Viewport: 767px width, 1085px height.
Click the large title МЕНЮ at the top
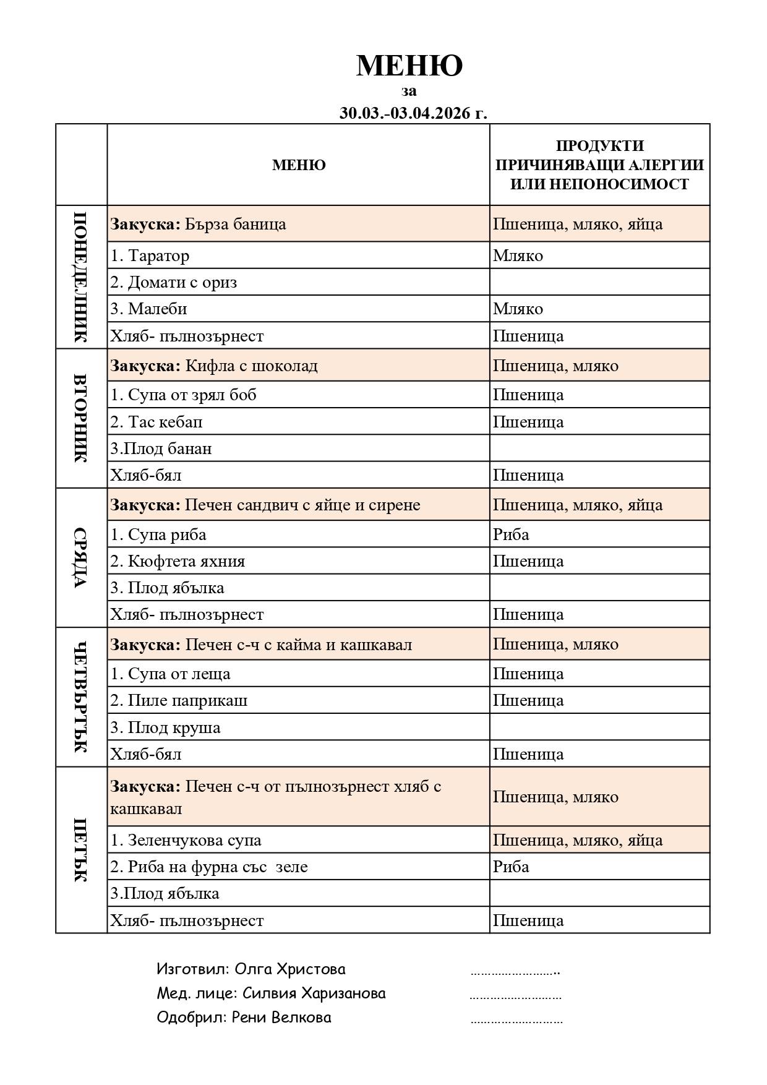tap(409, 66)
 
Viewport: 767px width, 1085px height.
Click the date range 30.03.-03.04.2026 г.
tap(413, 113)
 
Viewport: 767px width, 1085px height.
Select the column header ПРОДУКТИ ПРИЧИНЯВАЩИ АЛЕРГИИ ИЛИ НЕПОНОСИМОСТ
tap(599, 165)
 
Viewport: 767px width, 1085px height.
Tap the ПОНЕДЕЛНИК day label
tap(81, 277)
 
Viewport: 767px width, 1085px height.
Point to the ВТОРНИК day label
tap(81, 418)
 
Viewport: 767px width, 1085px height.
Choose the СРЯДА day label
tap(81, 557)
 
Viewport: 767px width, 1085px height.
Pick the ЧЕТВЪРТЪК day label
tap(81, 697)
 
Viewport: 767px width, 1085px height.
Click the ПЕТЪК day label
tap(81, 849)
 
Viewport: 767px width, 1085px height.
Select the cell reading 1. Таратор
tap(150, 255)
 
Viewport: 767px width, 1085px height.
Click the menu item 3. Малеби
tap(148, 309)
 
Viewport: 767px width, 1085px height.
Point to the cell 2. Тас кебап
tap(156, 422)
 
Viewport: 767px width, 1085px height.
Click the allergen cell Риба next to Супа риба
tap(511, 534)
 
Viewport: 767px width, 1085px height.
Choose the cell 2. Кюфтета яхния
tap(178, 561)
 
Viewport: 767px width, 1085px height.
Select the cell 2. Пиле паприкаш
tap(179, 700)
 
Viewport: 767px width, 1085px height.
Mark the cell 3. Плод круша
tap(165, 727)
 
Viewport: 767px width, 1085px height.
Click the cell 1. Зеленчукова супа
tap(186, 840)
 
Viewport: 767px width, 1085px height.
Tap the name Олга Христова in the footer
tap(290, 969)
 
